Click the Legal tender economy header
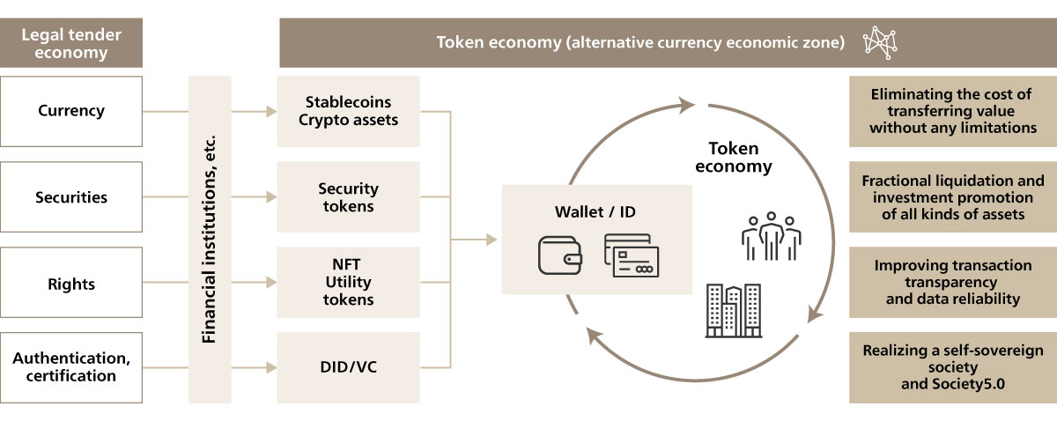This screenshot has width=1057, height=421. [x=71, y=43]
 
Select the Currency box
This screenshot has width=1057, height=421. [x=71, y=111]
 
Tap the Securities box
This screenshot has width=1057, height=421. [x=71, y=197]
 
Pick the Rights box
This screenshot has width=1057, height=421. [x=71, y=284]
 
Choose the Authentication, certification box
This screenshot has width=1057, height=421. [x=71, y=366]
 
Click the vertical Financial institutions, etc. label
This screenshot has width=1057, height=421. [x=210, y=240]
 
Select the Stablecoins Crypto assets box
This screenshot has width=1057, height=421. [x=348, y=111]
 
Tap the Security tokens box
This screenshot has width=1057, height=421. [x=348, y=197]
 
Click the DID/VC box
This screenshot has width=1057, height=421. [x=348, y=366]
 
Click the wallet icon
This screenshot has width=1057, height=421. [x=560, y=254]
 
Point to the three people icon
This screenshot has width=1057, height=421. [x=771, y=235]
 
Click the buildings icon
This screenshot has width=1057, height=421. [x=733, y=310]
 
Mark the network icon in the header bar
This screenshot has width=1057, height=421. [x=879, y=41]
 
